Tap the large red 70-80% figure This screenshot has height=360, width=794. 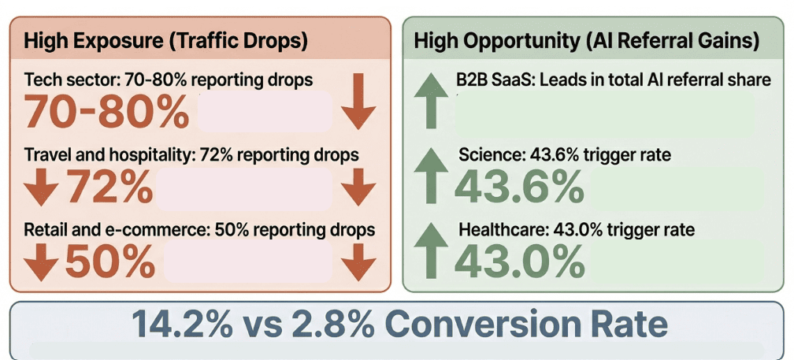click(107, 113)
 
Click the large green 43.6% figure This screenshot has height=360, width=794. click(520, 187)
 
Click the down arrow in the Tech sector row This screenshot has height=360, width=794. click(358, 101)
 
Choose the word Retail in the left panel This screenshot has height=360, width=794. click(43, 230)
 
